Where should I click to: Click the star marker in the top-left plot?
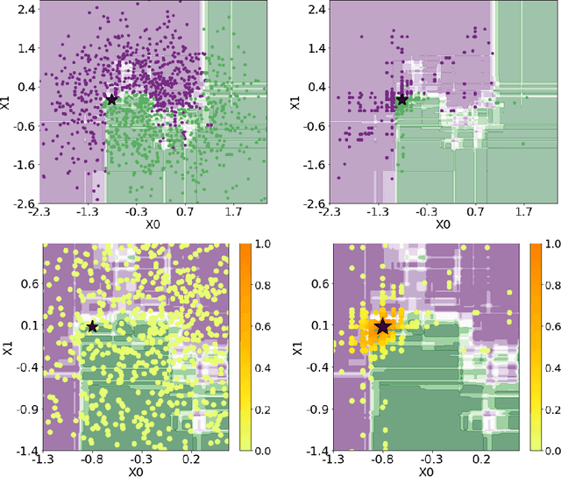pyautogui.click(x=111, y=100)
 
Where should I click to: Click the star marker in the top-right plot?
pyautogui.click(x=402, y=100)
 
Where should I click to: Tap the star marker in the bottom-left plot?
pyautogui.click(x=92, y=327)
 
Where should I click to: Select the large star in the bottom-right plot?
pyautogui.click(x=383, y=327)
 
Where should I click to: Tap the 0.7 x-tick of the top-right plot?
pyautogui.click(x=475, y=212)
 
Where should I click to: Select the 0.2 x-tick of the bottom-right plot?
pyautogui.click(x=480, y=459)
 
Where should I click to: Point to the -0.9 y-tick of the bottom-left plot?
pyautogui.click(x=23, y=408)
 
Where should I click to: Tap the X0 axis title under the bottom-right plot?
pyautogui.click(x=425, y=471)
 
